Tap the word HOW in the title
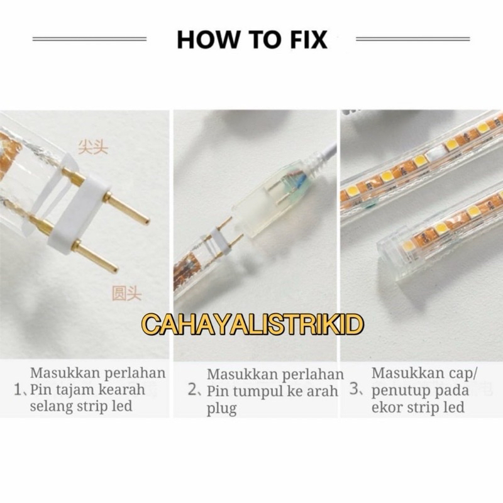[207, 40]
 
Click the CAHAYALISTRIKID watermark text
[253, 324]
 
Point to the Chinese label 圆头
[127, 293]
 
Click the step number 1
[18, 390]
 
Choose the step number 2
[192, 390]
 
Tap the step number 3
[355, 389]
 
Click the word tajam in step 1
[76, 390]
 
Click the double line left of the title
[89, 39]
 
